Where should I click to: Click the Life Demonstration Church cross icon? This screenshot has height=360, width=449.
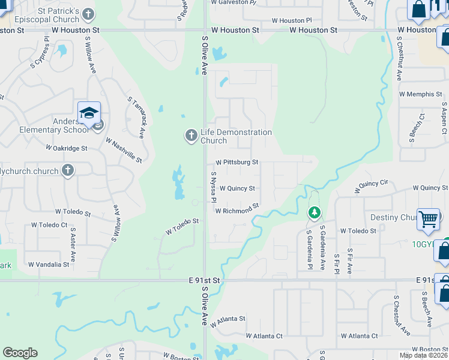click(191, 136)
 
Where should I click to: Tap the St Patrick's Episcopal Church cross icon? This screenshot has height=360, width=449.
click(88, 13)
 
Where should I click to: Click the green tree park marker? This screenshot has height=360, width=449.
click(314, 212)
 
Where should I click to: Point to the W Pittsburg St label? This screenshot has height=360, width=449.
click(237, 162)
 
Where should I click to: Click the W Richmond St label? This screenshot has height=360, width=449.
click(237, 208)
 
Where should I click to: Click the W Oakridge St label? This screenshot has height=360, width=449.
click(67, 148)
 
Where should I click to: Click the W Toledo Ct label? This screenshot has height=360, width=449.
click(49, 225)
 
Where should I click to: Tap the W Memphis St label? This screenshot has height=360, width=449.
click(420, 94)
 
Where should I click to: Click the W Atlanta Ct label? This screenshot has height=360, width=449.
click(264, 336)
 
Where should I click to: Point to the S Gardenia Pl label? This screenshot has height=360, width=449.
click(309, 249)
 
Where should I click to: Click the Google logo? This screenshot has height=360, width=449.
click(20, 353)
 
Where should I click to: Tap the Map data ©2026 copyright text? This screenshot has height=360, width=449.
click(423, 355)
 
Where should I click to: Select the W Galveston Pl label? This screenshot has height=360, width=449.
click(234, 2)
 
